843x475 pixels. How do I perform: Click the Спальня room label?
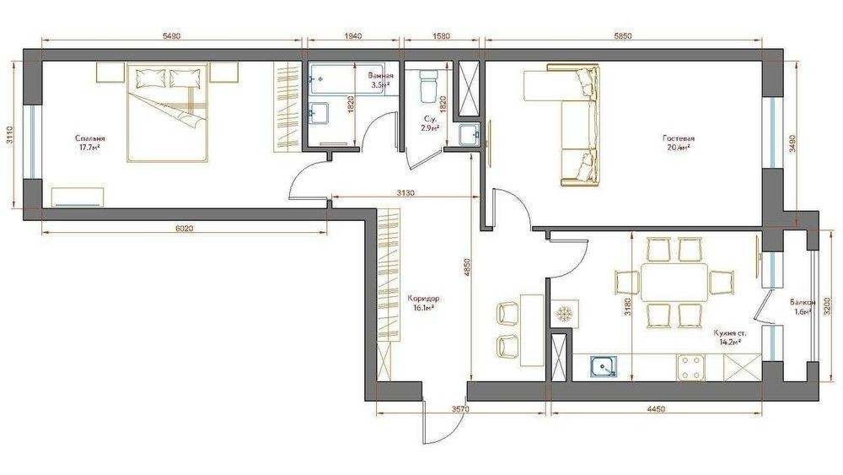coord(90,138)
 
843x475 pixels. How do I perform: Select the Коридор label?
coord(423,299)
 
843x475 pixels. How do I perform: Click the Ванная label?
coord(381,76)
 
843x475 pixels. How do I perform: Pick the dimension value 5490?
coord(171,36)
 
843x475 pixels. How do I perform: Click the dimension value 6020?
coord(184,228)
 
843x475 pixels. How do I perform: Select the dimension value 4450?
coord(656,409)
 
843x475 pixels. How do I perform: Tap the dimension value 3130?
coord(405,192)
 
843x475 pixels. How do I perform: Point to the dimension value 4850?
coord(467,268)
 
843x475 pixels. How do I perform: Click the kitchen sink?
coord(604,367)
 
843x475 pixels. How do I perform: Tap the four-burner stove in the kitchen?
coord(691,367)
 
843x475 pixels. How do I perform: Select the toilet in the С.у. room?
coord(428,85)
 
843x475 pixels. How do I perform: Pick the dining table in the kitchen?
coord(674,283)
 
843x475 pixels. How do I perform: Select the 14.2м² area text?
coord(730,341)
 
